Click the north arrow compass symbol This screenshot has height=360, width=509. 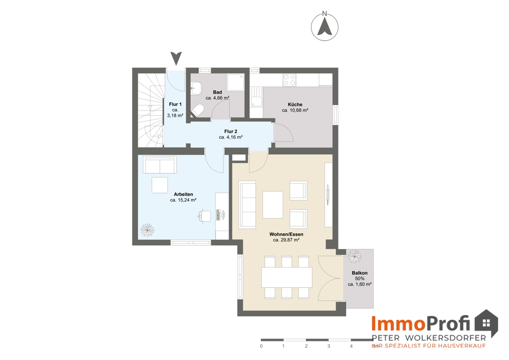click(325, 26)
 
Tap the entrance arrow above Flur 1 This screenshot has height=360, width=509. click(176, 59)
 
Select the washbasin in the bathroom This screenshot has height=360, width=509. click(196, 88)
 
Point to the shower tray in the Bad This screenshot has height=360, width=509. click(235, 82)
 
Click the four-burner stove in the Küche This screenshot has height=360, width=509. click(289, 80)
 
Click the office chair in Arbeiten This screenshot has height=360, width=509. click(205, 216)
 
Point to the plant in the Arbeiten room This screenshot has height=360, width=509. click(148, 230)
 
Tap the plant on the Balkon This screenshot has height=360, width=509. click(354, 257)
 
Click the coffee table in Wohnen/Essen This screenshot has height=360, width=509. click(273, 205)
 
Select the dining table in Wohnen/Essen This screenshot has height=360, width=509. click(287, 277)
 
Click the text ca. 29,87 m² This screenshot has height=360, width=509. click(286, 240)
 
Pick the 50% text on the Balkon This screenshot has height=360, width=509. click(360, 279)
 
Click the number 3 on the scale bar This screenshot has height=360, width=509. click(328, 346)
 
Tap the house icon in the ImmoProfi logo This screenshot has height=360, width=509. click(486, 323)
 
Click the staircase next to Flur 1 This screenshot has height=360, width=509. click(150, 110)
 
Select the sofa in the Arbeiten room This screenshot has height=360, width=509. click(160, 165)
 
